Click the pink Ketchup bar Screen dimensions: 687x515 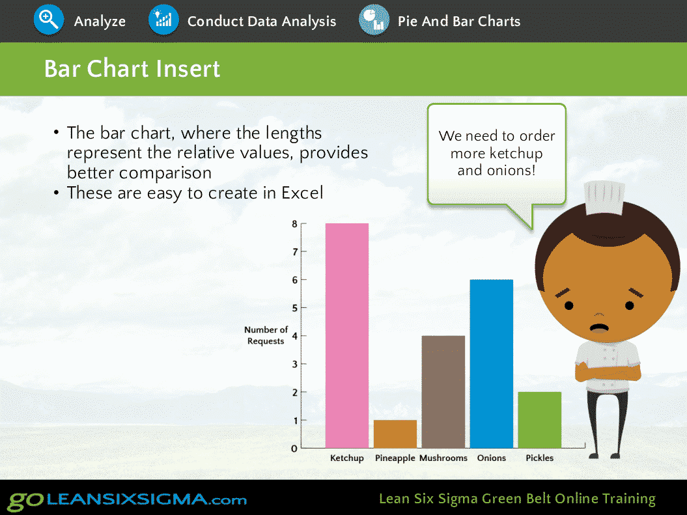point(346,335)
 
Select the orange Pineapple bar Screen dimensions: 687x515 point(395,434)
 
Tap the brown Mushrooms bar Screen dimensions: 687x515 point(443,392)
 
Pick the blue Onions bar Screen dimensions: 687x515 point(491,363)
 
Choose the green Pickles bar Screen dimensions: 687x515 point(539,420)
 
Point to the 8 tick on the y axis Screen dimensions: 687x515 point(303,224)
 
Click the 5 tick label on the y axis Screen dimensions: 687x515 point(295,308)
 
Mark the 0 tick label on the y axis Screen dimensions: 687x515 point(294,449)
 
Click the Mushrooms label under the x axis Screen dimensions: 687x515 point(443,458)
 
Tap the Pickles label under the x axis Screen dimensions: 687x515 point(539,458)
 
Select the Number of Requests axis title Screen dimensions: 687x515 point(266,335)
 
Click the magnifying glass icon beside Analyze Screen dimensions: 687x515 point(49,20)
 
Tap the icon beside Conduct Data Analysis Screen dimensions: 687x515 point(163,20)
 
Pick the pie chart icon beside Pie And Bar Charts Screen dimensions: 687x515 point(374,20)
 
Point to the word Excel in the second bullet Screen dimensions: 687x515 point(302,193)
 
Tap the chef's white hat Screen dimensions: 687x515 point(605,198)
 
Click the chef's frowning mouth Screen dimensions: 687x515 point(599,327)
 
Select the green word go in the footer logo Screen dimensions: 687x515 point(26,501)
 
